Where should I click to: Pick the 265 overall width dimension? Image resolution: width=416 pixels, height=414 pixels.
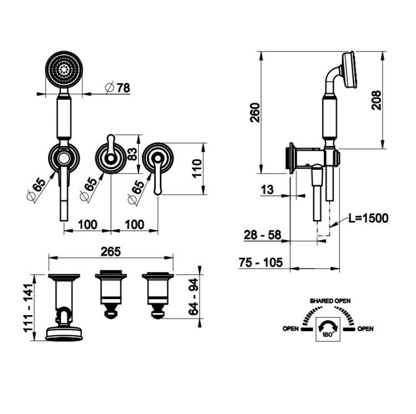[x=111, y=251]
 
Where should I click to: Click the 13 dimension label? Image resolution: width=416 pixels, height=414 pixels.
[x=267, y=189]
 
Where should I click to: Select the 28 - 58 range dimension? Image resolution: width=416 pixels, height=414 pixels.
[x=262, y=235]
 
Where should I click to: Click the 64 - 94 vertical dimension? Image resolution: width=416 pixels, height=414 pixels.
[x=192, y=296]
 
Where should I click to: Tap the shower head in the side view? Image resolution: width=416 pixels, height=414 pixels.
[x=349, y=70]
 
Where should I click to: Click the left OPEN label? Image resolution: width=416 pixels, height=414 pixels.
[x=291, y=329]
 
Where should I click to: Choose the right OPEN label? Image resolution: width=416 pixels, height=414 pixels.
[x=365, y=329]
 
